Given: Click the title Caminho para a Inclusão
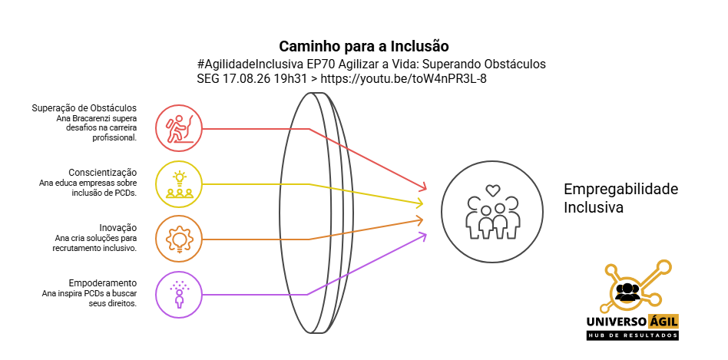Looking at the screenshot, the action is (x=364, y=46).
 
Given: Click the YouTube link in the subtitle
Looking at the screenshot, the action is (x=403, y=79).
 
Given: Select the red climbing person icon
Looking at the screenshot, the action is (x=179, y=128).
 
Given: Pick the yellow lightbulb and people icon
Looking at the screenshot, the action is (x=179, y=184).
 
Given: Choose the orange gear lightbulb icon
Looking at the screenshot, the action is (x=179, y=239).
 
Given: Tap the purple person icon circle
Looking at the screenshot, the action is (x=179, y=295).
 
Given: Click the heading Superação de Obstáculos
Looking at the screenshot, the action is (x=84, y=108).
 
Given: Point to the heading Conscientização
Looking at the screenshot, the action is (x=103, y=173).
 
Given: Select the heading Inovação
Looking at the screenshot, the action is (x=118, y=228).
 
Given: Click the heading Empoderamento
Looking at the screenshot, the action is (x=103, y=283).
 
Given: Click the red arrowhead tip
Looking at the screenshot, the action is (x=425, y=190).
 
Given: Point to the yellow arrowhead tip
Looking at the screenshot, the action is (x=423, y=203).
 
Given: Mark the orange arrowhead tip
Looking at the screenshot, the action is (x=423, y=219).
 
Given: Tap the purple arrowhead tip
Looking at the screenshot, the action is (x=426, y=234).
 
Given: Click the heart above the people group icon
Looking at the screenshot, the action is (x=492, y=190).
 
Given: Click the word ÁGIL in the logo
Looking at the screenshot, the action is (x=662, y=321).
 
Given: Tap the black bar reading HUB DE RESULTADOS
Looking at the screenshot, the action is (x=632, y=335).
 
